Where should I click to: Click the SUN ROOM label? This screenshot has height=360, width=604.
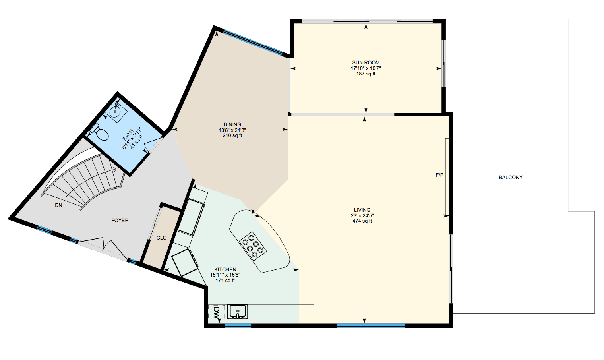tap(366, 62)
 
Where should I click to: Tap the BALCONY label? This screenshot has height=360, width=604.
tap(511, 177)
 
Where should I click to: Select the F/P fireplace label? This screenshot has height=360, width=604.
tap(439, 175)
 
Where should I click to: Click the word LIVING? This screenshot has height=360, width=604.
tap(362, 210)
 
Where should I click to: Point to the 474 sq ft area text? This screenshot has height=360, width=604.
tap(362, 221)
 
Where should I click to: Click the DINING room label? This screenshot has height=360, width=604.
tap(232, 124)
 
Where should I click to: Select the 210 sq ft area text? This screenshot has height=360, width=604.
tap(232, 135)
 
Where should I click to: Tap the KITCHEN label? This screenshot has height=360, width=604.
tap(225, 269)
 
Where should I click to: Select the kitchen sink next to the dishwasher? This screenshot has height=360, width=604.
tap(238, 312)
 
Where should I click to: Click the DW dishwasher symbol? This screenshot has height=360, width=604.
tap(217, 313)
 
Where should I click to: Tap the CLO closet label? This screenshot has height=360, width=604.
tap(161, 238)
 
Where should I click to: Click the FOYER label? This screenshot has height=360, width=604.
tap(120, 220)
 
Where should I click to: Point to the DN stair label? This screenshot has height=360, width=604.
tap(58, 205)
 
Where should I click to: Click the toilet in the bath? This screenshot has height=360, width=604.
tap(101, 133)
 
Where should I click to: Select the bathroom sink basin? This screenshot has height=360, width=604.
tap(116, 111)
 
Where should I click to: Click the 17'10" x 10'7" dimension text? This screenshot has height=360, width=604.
tap(366, 68)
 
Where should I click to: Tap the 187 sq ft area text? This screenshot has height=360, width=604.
tap(366, 74)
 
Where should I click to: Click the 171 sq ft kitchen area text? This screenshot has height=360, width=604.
tap(225, 281)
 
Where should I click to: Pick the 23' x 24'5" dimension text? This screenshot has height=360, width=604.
tap(362, 215)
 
